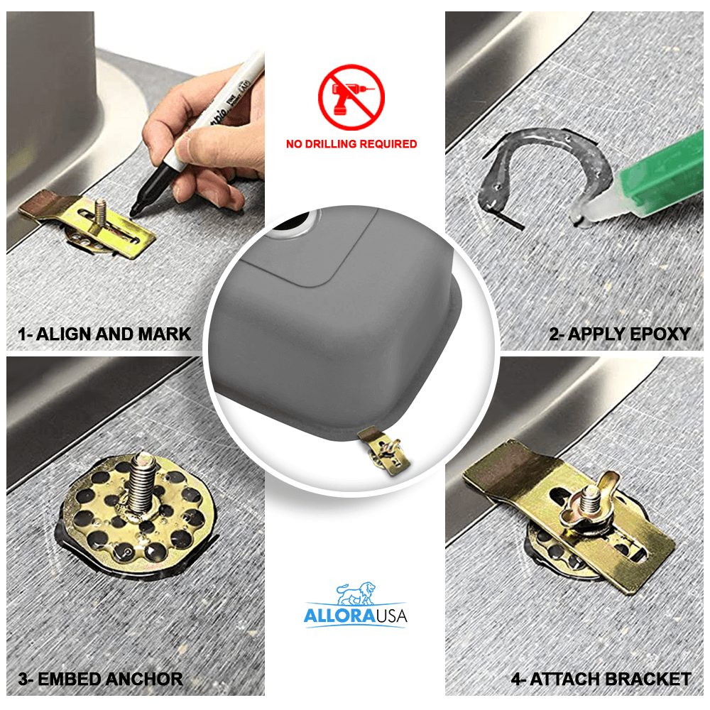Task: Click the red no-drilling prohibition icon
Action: [351, 97]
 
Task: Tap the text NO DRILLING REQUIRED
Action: [351, 144]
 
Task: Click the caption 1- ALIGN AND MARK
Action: [104, 334]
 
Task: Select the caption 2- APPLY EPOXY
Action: [619, 334]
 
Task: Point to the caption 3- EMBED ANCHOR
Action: [100, 678]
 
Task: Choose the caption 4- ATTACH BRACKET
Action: [601, 679]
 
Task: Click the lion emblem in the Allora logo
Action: [356, 593]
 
